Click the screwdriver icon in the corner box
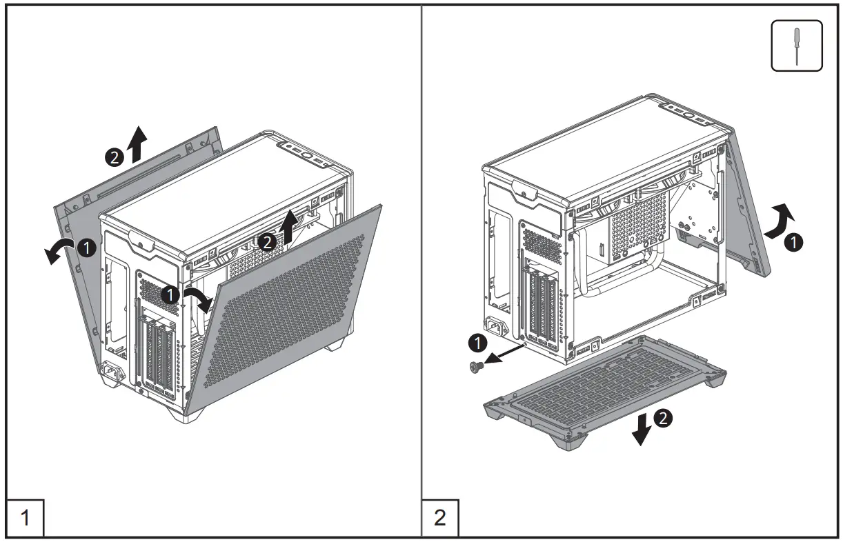click(x=797, y=46)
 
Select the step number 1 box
click(x=26, y=517)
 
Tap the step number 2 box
click(x=440, y=517)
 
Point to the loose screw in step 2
click(x=475, y=368)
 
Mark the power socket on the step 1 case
click(x=113, y=374)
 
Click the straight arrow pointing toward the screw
click(x=504, y=352)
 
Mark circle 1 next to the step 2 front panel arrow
click(x=794, y=241)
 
